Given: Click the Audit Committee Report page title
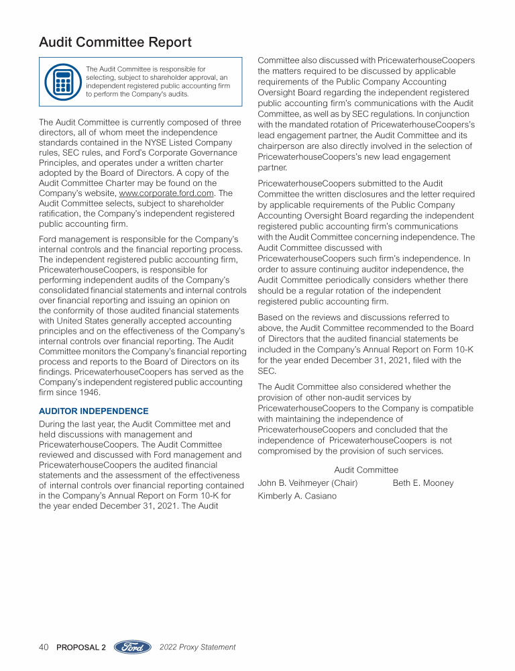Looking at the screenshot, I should coord(115,42).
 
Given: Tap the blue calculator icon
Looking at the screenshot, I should coord(62,81).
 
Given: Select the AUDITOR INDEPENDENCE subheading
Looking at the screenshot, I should coord(94,411).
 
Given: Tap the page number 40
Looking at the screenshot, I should coord(44,648).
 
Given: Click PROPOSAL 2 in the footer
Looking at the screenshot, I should coord(81,648).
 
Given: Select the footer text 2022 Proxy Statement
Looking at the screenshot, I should coord(198,648).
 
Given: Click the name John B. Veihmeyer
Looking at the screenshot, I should coord(293,483).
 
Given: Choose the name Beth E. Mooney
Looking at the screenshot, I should coord(423,483).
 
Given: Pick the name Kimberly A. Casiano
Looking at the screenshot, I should coord(298,497).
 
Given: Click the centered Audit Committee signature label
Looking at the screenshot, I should coord(366,470).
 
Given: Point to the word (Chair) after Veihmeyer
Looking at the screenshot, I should coord(344,483).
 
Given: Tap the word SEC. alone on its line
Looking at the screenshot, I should coord(267,371).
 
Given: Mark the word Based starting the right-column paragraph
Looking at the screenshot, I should coord(270,317).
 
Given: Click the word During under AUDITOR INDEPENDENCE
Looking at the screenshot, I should coord(54,424).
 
